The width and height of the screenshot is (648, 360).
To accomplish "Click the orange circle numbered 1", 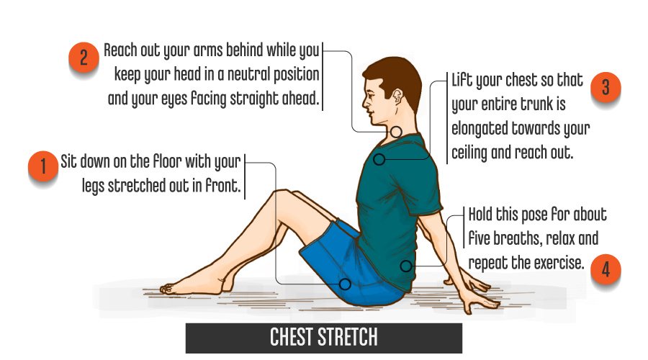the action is [x=43, y=166].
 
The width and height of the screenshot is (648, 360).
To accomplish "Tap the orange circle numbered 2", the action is [x=84, y=58].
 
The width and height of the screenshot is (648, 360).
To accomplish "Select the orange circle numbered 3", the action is [x=606, y=87].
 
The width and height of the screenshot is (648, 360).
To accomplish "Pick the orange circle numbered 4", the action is [x=606, y=269].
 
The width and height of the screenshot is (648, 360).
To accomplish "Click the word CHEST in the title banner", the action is [x=292, y=337].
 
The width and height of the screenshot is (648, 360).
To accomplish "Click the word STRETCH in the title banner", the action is [x=348, y=337].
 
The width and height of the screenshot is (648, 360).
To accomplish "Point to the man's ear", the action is [x=397, y=97].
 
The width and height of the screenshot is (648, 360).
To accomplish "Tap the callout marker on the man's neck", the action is [x=396, y=132].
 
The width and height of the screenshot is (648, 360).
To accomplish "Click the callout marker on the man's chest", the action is [x=379, y=159].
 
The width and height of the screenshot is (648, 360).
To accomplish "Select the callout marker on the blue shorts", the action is [x=345, y=284].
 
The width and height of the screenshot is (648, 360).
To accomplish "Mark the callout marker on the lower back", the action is [x=406, y=266].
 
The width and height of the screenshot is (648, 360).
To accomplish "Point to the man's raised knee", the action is [x=281, y=194].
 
